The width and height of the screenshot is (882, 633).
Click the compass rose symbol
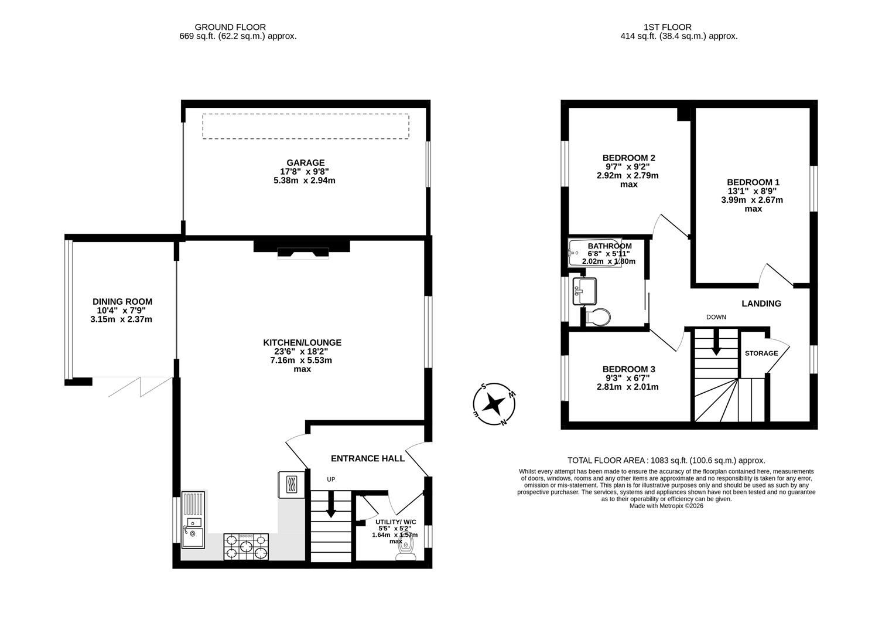pos(495,403)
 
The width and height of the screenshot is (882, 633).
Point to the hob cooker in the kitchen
pos(246,546)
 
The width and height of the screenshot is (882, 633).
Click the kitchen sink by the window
pos(193,531)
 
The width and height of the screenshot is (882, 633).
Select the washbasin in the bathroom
pos(584,291)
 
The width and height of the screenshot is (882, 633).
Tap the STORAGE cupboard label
pos(761,353)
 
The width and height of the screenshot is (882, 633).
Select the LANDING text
pos(761,304)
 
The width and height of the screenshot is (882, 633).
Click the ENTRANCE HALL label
pos(367,458)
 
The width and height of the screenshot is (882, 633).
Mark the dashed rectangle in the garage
pos(305,126)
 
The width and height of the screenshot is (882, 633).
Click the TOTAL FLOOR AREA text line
pos(666,461)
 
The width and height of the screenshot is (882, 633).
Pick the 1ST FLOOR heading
pos(667,27)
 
